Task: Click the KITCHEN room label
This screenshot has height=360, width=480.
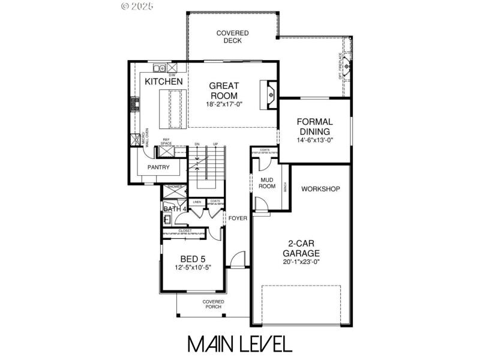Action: coord(164,81)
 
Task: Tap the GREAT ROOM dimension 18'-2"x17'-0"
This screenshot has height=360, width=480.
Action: coord(224,104)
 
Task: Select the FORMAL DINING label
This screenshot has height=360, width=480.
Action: coord(315,127)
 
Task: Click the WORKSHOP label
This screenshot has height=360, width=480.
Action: coord(320,189)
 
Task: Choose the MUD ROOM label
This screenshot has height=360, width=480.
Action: coord(268,182)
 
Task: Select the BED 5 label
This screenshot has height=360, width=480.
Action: coord(193,259)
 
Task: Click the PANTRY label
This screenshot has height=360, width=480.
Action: coord(142,167)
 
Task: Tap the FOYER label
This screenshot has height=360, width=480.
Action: coord(238,218)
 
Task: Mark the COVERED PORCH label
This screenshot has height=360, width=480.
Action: coord(213,304)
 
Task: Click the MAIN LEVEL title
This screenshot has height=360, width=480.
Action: coord(239,343)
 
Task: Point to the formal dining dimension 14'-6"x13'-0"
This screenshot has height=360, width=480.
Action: coord(315,140)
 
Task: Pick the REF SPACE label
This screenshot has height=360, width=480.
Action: coord(166,142)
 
